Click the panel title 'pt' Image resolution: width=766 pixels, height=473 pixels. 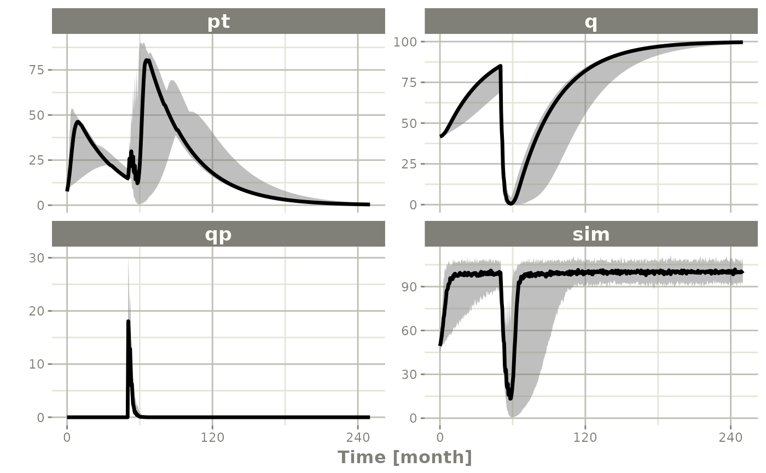(x=218, y=22)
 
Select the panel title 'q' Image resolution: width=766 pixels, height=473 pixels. (x=591, y=22)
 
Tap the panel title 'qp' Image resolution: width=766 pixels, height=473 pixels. (x=218, y=234)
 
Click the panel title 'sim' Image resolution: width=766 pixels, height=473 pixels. (x=591, y=234)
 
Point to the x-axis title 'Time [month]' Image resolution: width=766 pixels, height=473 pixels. (x=404, y=457)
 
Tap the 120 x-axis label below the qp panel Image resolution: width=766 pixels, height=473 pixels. (x=212, y=438)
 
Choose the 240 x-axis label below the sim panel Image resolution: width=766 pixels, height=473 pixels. (x=731, y=438)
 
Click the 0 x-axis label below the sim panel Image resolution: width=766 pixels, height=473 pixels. (x=440, y=438)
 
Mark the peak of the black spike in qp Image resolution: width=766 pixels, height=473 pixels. (x=128, y=321)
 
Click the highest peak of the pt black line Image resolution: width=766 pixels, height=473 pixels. (x=147, y=60)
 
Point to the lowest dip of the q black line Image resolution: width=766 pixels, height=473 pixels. (x=510, y=203)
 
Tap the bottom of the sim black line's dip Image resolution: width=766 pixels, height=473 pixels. (x=510, y=398)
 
